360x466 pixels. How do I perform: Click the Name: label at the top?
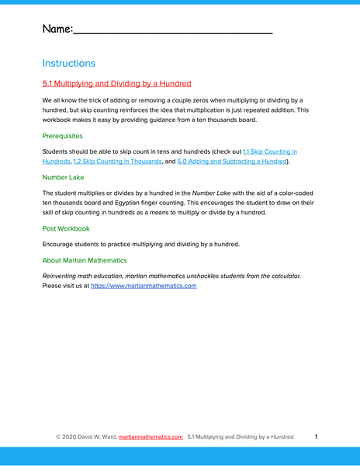coord(57,29)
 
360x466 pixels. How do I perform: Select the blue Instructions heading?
coord(69,64)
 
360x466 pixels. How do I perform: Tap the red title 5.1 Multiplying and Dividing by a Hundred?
coord(116,84)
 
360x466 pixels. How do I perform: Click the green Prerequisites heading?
coord(63,136)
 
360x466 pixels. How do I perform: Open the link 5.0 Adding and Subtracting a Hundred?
coord(232,162)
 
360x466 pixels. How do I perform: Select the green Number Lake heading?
coord(63,177)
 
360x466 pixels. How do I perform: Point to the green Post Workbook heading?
coord(66,228)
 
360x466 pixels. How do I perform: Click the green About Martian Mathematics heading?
coord(85,260)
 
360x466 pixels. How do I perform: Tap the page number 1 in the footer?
coord(316,436)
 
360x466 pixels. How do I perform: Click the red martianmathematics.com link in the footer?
coord(151,437)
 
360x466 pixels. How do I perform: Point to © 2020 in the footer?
coord(69,437)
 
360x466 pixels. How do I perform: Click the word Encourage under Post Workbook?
coord(60,245)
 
